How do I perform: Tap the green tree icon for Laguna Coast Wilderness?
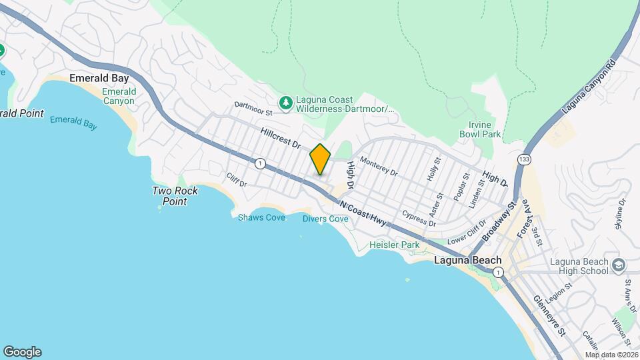click(286, 102)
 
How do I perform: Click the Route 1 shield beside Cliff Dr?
click(259, 163)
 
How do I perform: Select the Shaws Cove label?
click(261, 218)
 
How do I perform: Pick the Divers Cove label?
click(325, 219)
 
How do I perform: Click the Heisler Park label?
click(395, 245)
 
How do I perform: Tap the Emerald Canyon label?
click(119, 96)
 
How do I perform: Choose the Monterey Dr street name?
click(379, 167)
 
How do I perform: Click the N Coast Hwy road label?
click(363, 213)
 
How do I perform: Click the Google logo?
click(22, 352)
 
